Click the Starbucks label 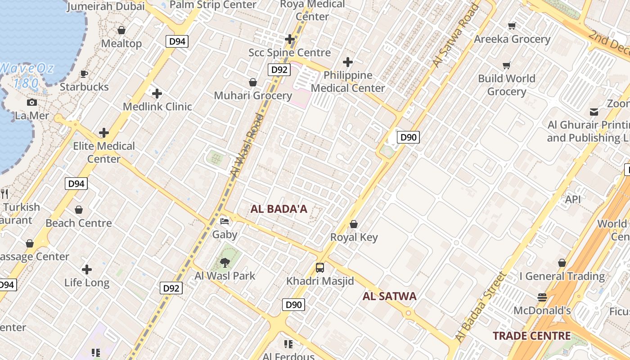(x=84, y=87)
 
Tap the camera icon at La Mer (x=32, y=102)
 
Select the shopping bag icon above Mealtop (x=121, y=30)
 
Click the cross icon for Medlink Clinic (x=157, y=94)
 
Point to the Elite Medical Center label (x=104, y=152)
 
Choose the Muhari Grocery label (x=253, y=95)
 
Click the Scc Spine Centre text (x=289, y=53)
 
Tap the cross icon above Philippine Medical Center (x=347, y=62)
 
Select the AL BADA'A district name (x=279, y=209)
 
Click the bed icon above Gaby (x=225, y=221)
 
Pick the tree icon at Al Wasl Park (x=225, y=262)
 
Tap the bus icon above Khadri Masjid (x=320, y=268)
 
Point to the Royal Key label (x=354, y=237)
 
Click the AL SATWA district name (x=389, y=296)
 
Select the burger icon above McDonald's (x=542, y=297)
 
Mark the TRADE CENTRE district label (x=531, y=336)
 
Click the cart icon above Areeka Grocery (x=512, y=26)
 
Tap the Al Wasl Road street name (x=246, y=145)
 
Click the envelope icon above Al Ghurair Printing (x=594, y=112)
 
